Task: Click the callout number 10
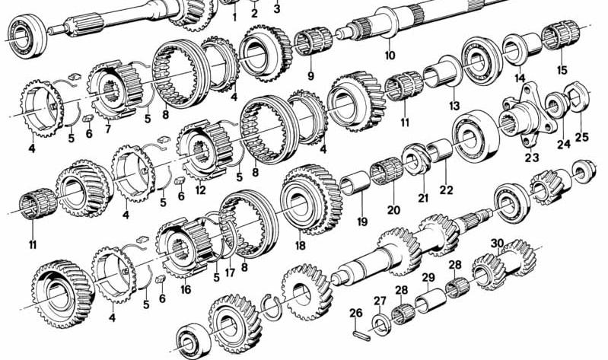click(390, 56)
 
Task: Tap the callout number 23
click(530, 158)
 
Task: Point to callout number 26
click(355, 312)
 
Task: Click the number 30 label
click(497, 244)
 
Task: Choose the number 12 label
click(200, 190)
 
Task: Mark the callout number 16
click(185, 290)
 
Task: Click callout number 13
click(454, 105)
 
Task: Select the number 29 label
click(428, 277)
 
